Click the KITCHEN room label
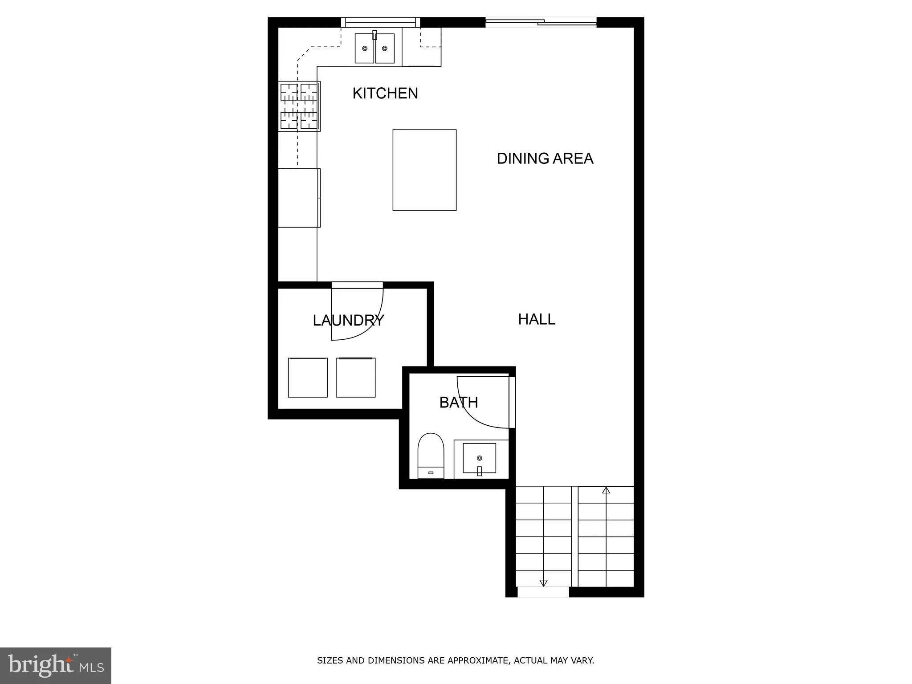point(385,94)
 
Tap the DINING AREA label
point(545,159)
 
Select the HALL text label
point(537,319)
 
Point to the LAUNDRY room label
point(348,321)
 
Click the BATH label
point(459,403)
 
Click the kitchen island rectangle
point(424,170)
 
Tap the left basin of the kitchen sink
point(365,49)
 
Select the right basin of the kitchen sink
point(385,49)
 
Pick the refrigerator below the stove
point(299,198)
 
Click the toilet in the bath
point(431,455)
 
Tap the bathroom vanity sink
point(480,458)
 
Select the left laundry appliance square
point(308,378)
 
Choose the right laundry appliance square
point(355,378)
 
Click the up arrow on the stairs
point(606,490)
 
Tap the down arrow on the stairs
point(543,582)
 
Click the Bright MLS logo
point(56,666)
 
